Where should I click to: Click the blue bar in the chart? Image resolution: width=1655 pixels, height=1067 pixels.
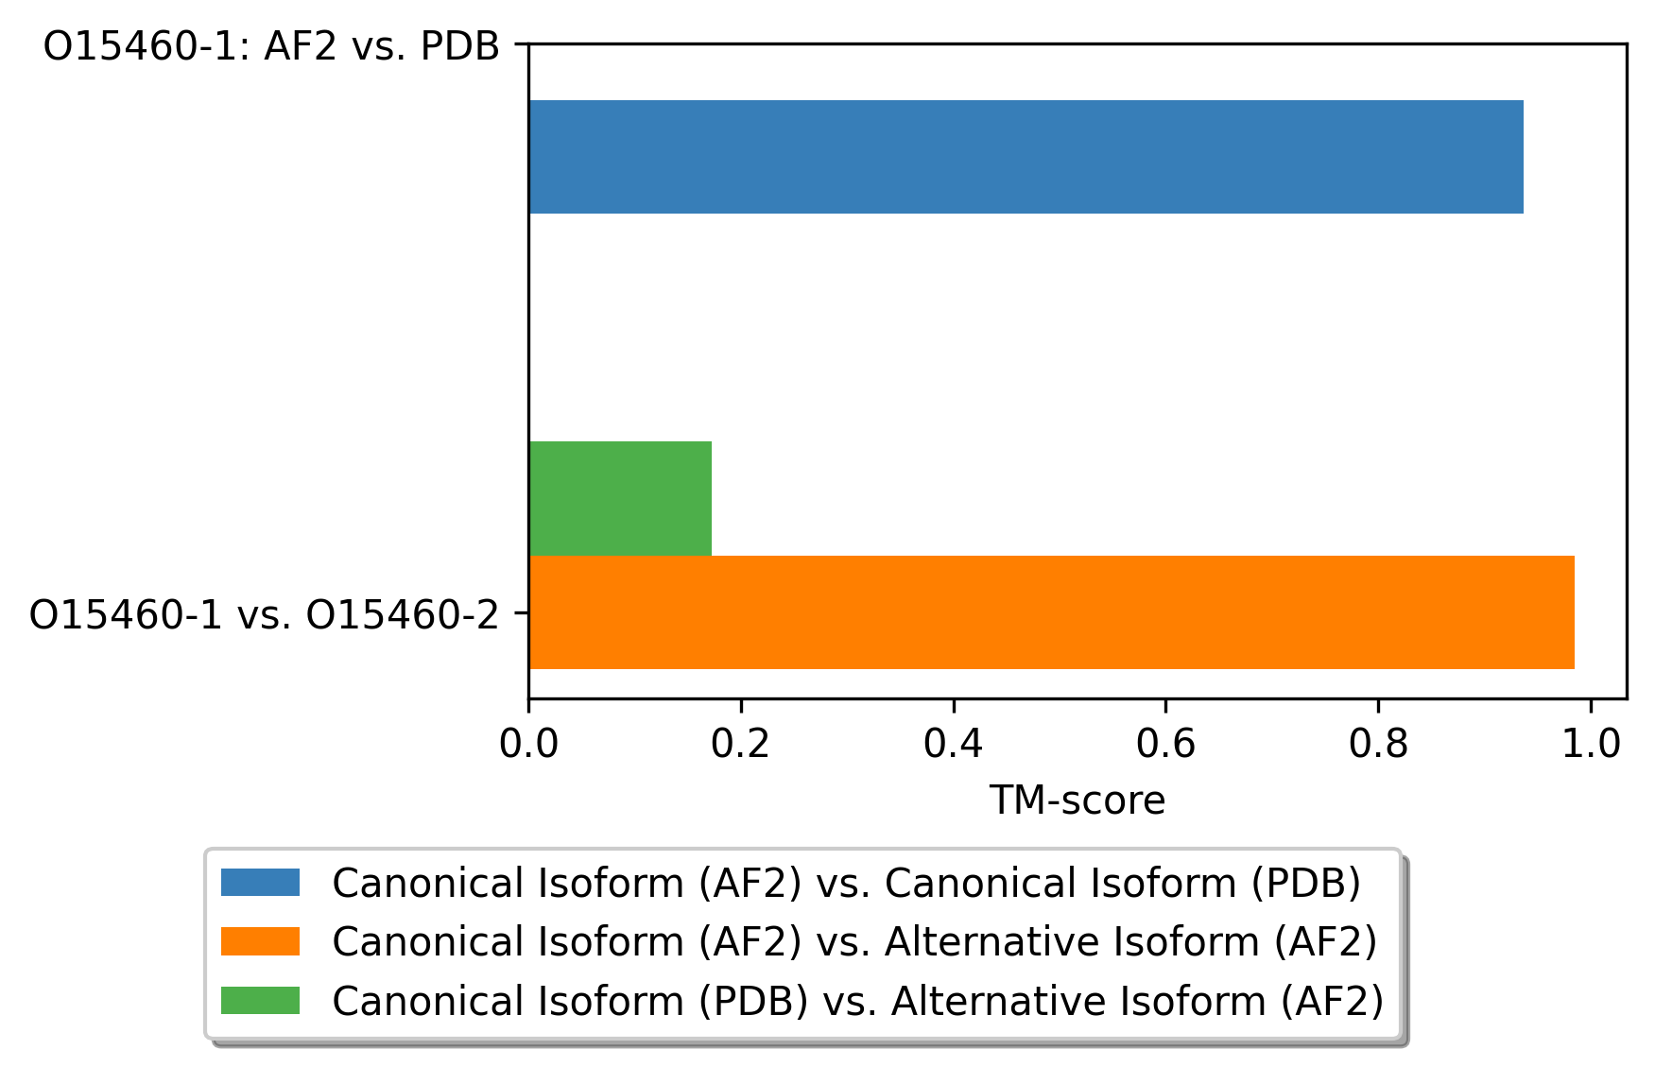click(1026, 157)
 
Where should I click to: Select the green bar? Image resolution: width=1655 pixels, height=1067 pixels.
click(620, 498)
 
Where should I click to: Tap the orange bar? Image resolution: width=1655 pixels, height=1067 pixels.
click(1051, 612)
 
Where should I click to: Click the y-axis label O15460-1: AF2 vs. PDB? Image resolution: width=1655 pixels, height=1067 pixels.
click(271, 46)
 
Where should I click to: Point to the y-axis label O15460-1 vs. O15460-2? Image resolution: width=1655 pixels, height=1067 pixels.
click(264, 615)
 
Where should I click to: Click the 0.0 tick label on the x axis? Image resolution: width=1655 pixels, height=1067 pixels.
click(528, 745)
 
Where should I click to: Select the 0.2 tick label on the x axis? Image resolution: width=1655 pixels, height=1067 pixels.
click(741, 745)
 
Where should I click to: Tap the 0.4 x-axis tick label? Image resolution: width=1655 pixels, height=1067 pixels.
click(954, 745)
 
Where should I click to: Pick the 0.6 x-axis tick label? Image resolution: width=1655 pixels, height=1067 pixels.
click(1165, 745)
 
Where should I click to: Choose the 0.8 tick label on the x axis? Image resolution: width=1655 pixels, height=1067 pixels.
click(1378, 745)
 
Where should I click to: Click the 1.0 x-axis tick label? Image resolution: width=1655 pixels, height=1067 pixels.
click(1591, 745)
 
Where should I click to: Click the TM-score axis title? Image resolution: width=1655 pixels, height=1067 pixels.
click(1077, 800)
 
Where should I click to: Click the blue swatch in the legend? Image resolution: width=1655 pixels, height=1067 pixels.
click(260, 883)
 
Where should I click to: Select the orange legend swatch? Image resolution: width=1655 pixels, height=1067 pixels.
click(260, 941)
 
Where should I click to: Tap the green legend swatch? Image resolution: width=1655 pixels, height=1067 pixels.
click(260, 1000)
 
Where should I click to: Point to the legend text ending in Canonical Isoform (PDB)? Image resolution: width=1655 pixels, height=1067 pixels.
click(847, 884)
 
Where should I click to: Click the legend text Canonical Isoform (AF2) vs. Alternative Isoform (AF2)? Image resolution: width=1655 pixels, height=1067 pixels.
click(855, 942)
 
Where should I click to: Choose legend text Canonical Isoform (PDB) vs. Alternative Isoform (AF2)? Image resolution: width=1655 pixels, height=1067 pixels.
click(858, 1001)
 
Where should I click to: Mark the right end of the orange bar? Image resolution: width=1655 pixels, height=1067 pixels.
click(1575, 612)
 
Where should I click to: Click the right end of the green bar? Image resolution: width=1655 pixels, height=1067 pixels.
click(712, 498)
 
